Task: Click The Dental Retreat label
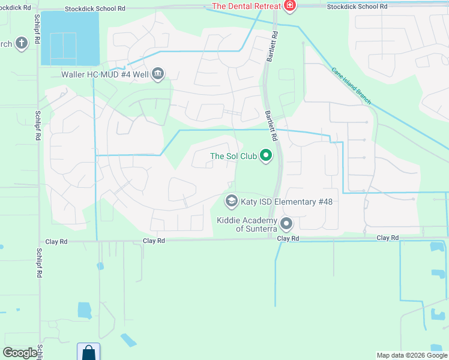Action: coord(246,6)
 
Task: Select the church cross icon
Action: coord(22,44)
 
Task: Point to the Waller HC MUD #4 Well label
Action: coord(105,75)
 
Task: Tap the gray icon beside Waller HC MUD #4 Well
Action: coord(158,74)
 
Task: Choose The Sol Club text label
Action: coord(234,157)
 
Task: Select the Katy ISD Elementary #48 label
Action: coord(286,202)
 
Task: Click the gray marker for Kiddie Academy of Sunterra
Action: coord(287,224)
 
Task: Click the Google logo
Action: coord(20,353)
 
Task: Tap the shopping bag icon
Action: coord(88,352)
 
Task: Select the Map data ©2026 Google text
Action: coord(411,355)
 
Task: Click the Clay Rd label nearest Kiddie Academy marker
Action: coord(288,238)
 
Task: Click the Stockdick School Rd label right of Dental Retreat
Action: coord(357,6)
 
